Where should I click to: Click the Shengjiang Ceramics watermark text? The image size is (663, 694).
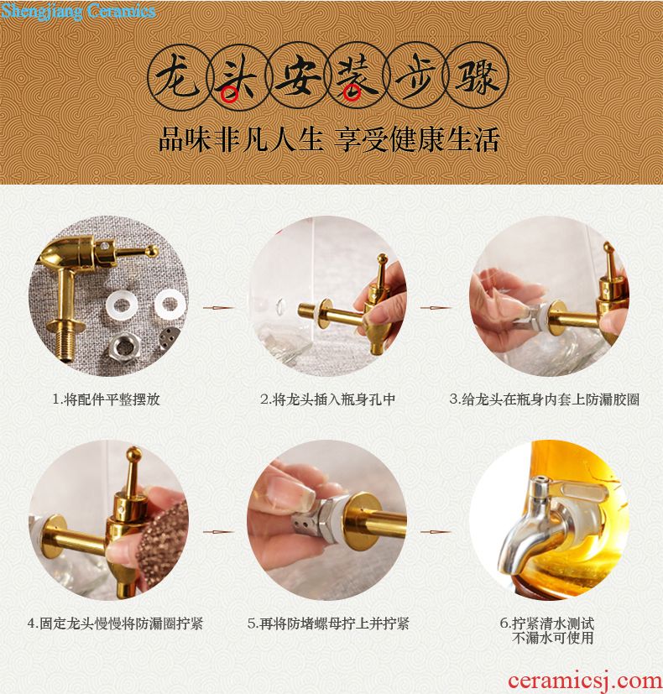coord(78,11)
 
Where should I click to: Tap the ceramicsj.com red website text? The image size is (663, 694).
coord(585,681)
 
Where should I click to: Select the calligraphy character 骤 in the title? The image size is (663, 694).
coord(478,77)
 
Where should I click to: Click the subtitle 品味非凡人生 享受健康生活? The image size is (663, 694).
coord(329,139)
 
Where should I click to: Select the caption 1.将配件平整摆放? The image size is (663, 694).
coord(107,399)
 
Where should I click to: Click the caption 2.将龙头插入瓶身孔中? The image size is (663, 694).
coord(328,399)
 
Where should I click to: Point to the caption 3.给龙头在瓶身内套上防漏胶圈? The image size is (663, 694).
coord(545,399)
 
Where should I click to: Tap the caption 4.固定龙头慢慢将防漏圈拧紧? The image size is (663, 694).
coord(115,624)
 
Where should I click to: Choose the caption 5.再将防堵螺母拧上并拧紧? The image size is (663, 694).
coord(328,624)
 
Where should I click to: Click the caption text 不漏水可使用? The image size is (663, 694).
coord(552,638)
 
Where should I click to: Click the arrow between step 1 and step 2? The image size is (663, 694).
coord(219,307)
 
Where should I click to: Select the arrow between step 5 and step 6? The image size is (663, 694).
coord(436,531)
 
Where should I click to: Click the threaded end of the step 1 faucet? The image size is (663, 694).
coord(62,345)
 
